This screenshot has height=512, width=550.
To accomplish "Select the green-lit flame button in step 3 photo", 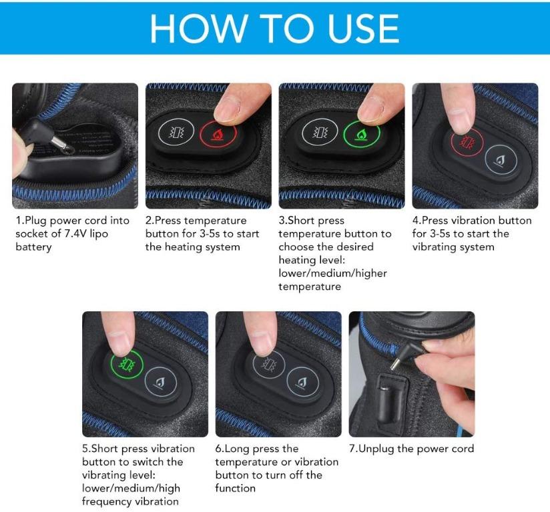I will pos(361,134).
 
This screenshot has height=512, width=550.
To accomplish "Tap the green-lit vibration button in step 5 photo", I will pos(123,364).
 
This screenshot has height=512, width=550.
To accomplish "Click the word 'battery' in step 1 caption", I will pos(34,247).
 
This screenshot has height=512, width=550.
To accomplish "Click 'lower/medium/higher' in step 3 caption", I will pos(332,273).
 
